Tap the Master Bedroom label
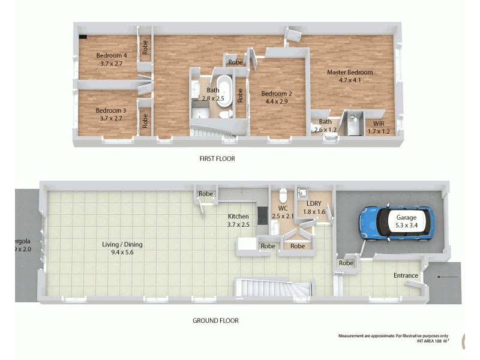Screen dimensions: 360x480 350,73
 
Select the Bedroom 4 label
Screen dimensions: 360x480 112,56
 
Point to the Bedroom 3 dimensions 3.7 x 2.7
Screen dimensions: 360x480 112,118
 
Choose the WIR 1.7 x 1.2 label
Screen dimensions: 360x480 378,126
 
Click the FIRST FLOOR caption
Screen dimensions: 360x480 217,159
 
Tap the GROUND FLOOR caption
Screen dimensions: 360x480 215,320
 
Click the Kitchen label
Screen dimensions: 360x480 238,217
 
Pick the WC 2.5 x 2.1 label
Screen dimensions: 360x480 281,212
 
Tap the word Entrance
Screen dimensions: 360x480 406,275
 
